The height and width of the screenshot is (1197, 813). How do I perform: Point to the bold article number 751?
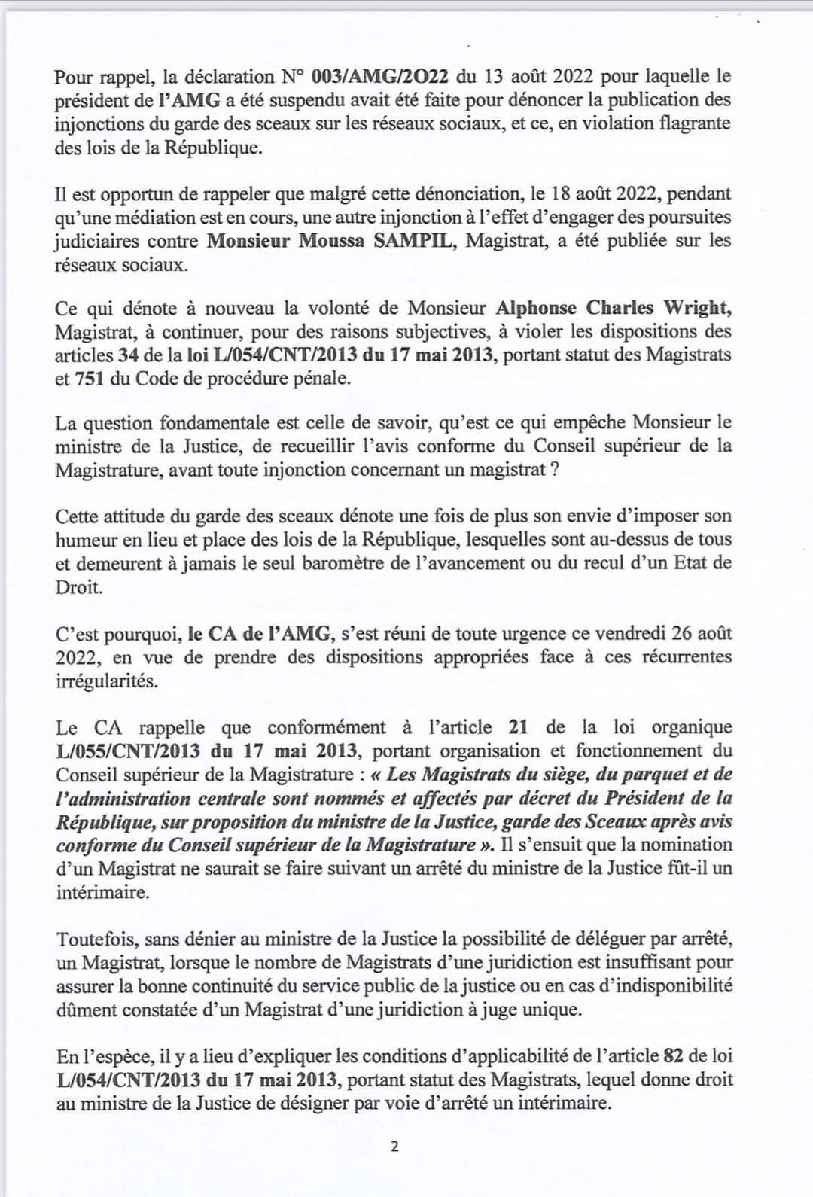(90, 378)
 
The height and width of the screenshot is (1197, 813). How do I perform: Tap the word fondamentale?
(289, 423)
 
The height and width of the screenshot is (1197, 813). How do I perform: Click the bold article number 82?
(674, 1056)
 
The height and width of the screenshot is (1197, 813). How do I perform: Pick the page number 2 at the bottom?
(394, 1147)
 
